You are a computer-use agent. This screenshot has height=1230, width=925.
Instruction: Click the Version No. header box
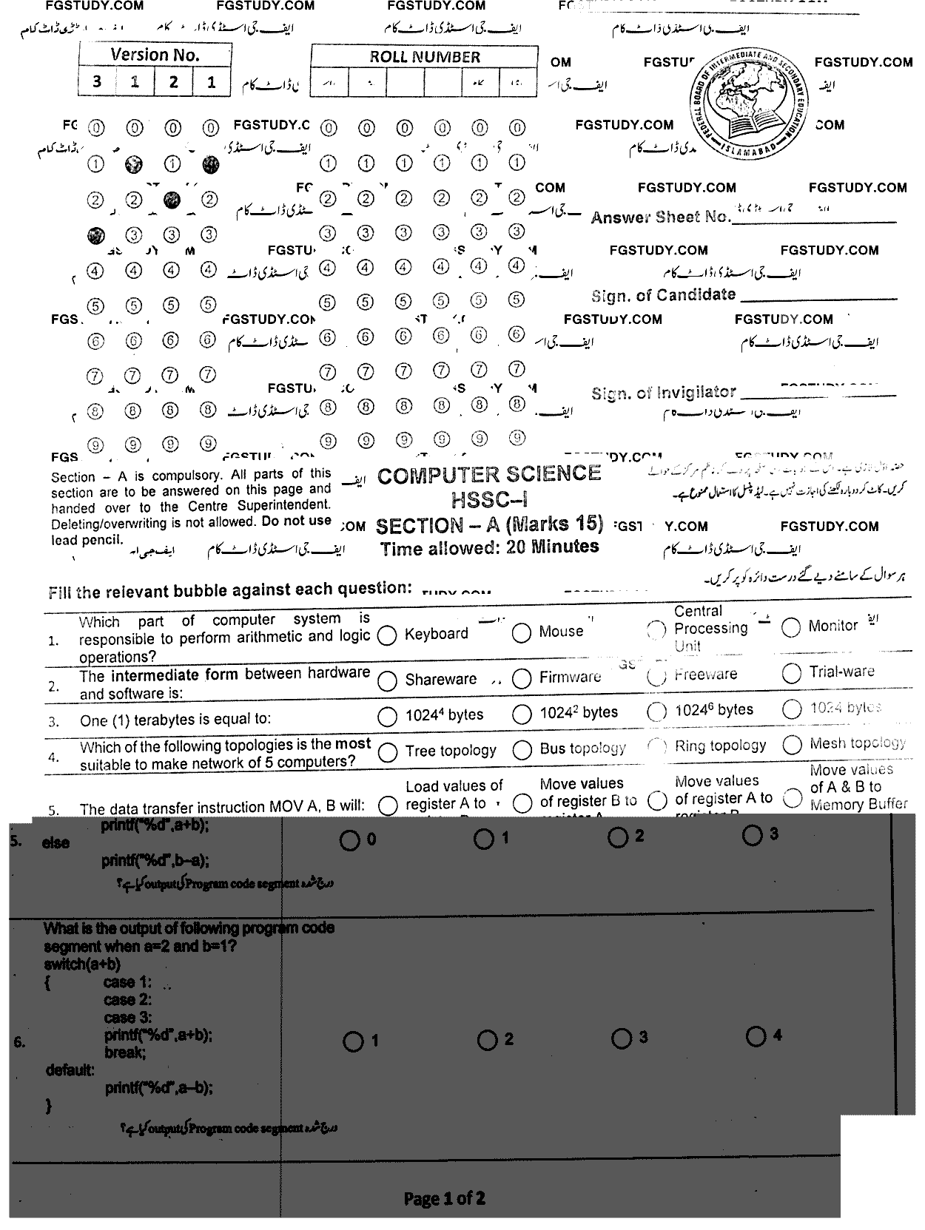pyautogui.click(x=155, y=55)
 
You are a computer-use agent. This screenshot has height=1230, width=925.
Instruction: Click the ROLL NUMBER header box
pyautogui.click(x=425, y=57)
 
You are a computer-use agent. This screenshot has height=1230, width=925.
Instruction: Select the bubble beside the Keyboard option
pyautogui.click(x=387, y=635)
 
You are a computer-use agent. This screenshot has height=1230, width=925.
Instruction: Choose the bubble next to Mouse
pyautogui.click(x=522, y=632)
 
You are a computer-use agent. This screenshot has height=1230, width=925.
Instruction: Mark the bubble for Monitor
pyautogui.click(x=791, y=627)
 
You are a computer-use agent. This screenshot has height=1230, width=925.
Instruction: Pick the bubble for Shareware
pyautogui.click(x=387, y=680)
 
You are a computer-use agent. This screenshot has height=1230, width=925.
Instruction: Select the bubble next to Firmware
pyautogui.click(x=522, y=678)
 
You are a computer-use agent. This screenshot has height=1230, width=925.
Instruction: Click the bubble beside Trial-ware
pyautogui.click(x=791, y=673)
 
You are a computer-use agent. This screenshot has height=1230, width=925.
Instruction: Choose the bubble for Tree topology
pyautogui.click(x=387, y=752)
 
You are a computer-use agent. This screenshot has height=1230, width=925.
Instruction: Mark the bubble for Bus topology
pyautogui.click(x=522, y=750)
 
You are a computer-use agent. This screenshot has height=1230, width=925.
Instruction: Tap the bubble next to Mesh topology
pyautogui.click(x=791, y=744)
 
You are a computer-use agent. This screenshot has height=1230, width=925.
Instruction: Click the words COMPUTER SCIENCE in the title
pyautogui.click(x=488, y=475)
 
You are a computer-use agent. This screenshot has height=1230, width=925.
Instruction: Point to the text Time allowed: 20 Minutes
pyautogui.click(x=489, y=548)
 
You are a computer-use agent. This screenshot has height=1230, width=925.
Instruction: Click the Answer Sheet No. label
pyautogui.click(x=660, y=217)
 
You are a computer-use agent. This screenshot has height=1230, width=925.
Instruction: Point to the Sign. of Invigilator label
pyautogui.click(x=663, y=393)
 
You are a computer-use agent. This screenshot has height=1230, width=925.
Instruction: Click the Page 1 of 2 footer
pyautogui.click(x=444, y=1198)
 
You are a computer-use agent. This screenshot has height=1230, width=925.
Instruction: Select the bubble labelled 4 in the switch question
pyautogui.click(x=756, y=1036)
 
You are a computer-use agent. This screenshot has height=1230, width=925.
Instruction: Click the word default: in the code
pyautogui.click(x=70, y=1070)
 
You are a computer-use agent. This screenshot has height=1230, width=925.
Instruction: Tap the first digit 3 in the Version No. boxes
pyautogui.click(x=97, y=81)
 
